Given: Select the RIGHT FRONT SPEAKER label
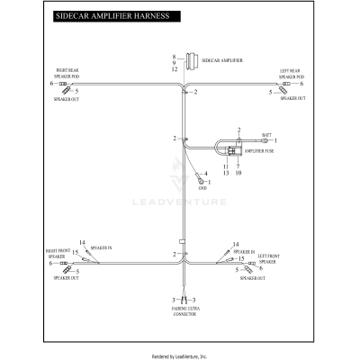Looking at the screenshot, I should (58, 256).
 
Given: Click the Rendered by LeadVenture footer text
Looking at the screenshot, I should (180, 355).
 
